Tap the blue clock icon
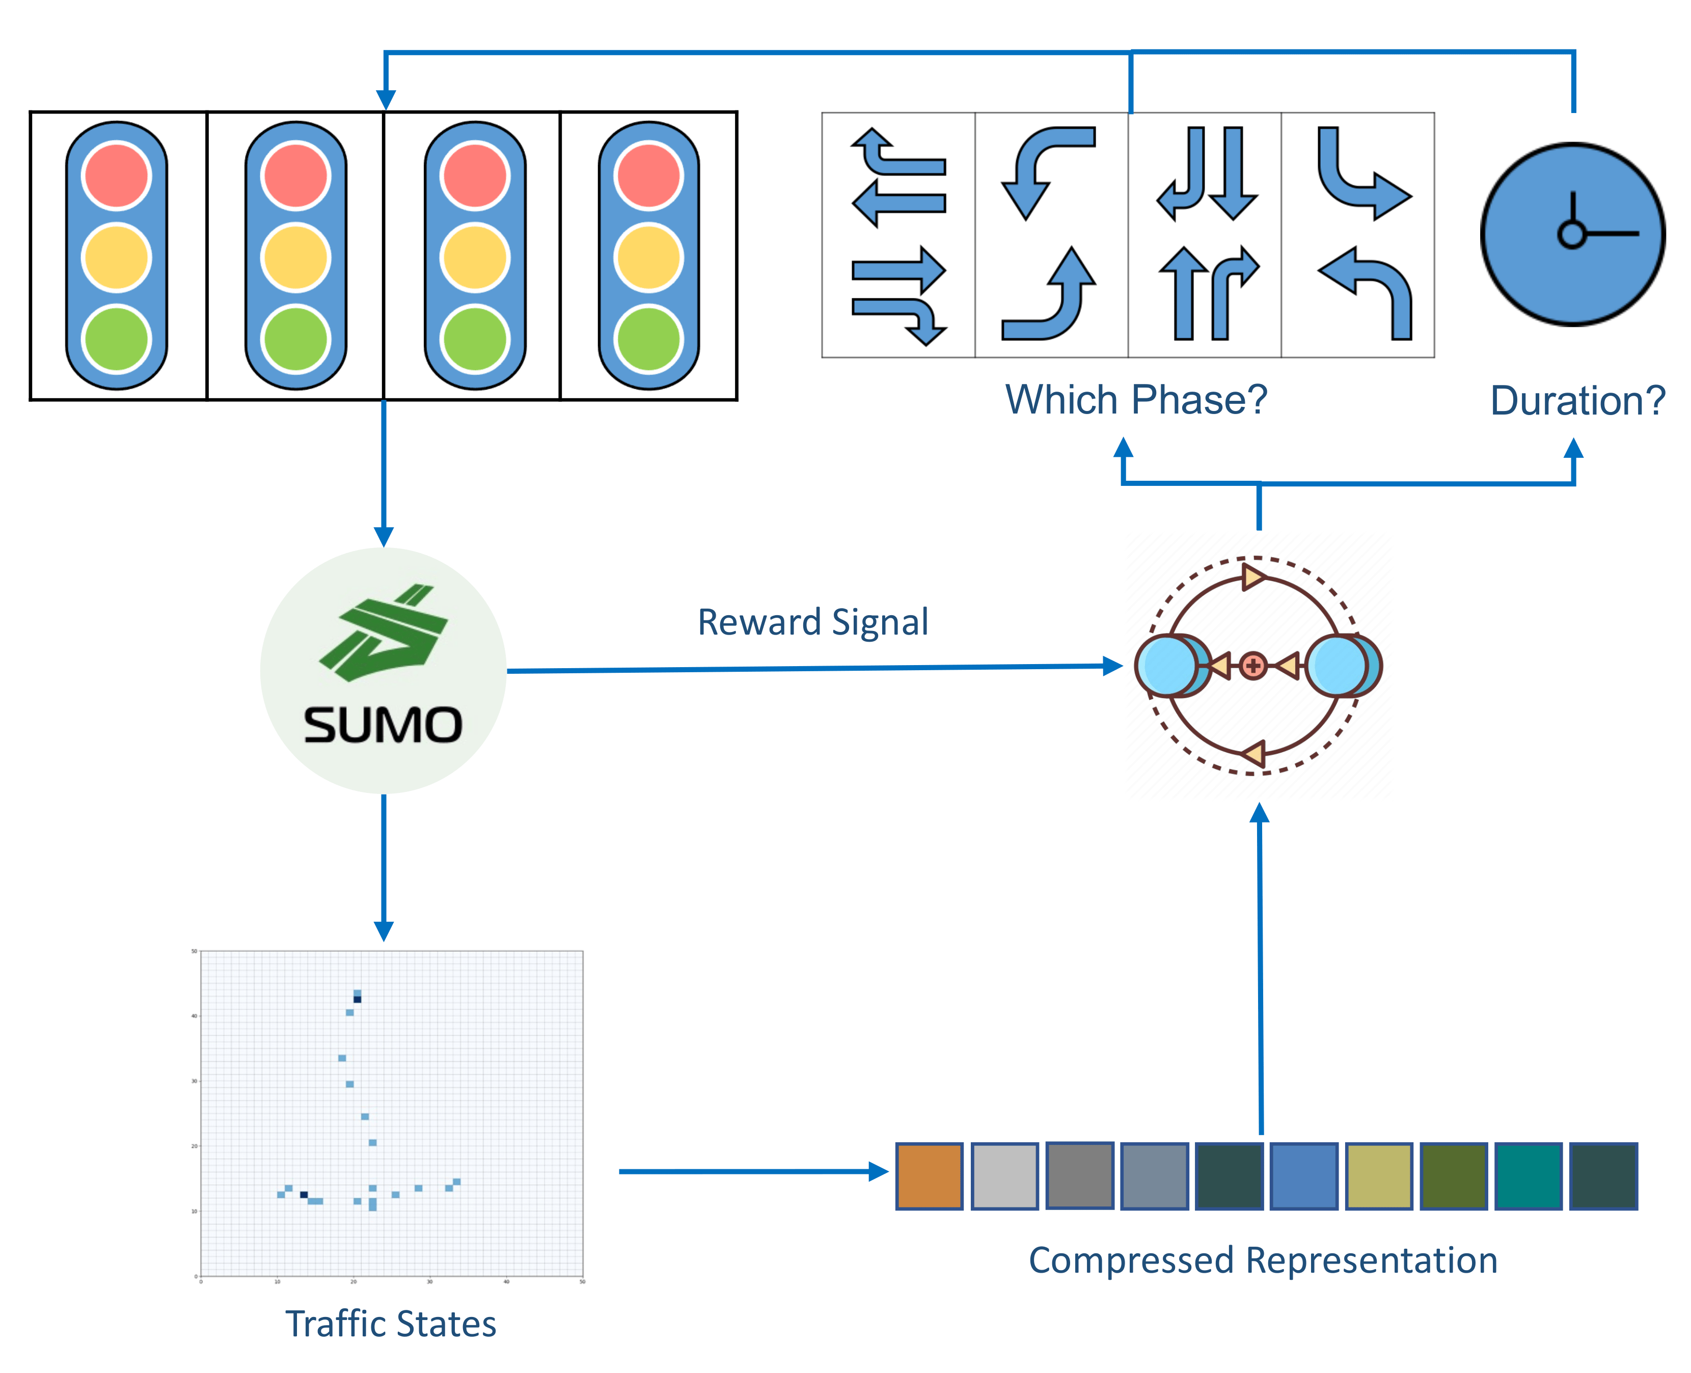[1572, 234]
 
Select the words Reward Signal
[812, 622]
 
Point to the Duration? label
[1577, 401]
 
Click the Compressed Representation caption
[1262, 1260]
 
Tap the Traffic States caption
[391, 1324]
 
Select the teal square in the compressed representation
[1528, 1176]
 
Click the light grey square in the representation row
[1004, 1176]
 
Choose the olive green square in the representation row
[1454, 1176]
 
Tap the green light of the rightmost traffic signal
[648, 339]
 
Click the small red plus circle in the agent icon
[1253, 666]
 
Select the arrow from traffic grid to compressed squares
[751, 1171]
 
